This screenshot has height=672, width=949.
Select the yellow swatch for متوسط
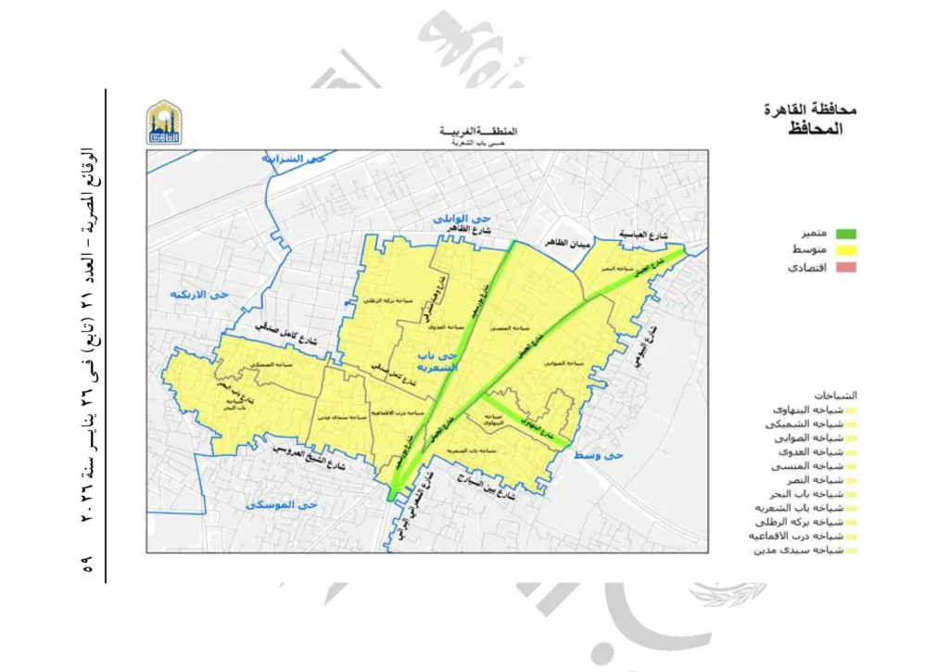click(x=844, y=250)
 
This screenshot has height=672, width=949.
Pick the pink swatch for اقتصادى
click(x=844, y=268)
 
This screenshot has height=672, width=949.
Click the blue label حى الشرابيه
click(x=295, y=158)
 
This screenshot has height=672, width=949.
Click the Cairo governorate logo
click(x=164, y=122)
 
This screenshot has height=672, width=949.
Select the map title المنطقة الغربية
click(x=478, y=132)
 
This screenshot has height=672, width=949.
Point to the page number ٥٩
click(x=89, y=564)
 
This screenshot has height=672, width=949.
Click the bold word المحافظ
click(x=816, y=129)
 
